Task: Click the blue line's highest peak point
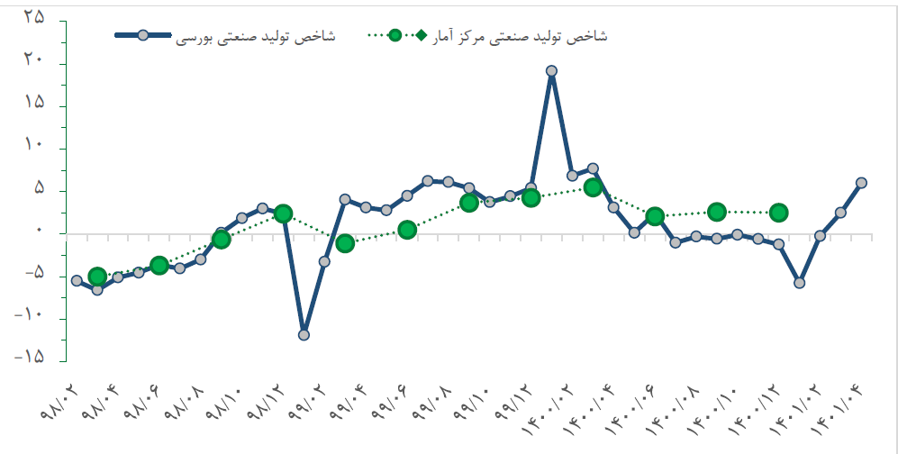[x=551, y=71]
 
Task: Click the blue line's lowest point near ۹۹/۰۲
[x=304, y=335]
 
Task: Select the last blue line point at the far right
[x=861, y=183]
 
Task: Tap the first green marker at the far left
[x=97, y=277]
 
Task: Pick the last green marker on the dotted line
[x=779, y=213]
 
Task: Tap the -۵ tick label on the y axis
[x=33, y=273]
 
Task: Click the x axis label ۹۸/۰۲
[x=62, y=405]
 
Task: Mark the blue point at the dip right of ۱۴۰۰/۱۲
[x=799, y=283]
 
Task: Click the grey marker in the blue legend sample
[x=142, y=35]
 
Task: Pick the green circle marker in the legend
[x=395, y=35]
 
